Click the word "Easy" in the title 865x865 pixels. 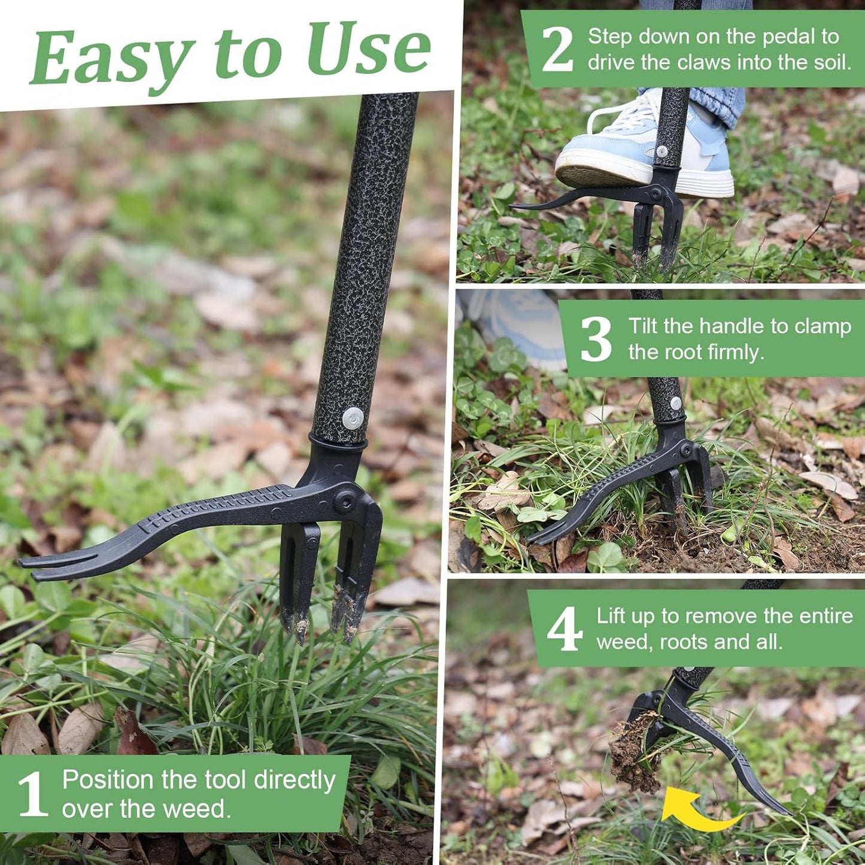pyautogui.click(x=111, y=57)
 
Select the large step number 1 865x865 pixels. pyautogui.click(x=32, y=794)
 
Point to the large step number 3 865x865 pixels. pyautogui.click(x=596, y=339)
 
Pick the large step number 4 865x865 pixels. pyautogui.click(x=564, y=629)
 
